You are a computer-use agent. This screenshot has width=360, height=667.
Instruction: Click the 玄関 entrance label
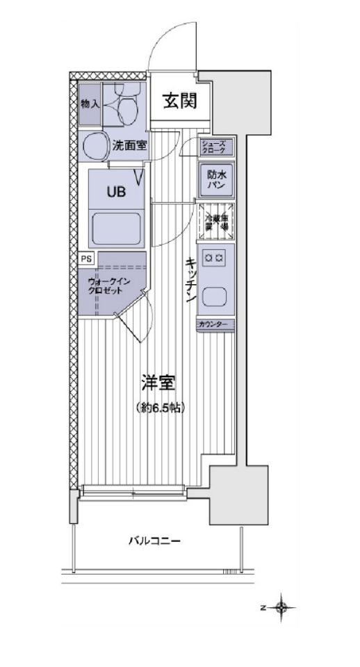(178, 101)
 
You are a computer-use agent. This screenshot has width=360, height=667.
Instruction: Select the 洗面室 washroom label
(129, 145)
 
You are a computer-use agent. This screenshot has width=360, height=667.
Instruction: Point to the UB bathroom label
(115, 192)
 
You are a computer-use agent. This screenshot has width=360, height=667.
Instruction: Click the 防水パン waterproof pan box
(216, 179)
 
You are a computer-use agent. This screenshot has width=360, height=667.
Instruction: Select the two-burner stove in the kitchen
(214, 258)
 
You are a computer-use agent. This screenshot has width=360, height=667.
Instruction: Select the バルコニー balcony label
(155, 540)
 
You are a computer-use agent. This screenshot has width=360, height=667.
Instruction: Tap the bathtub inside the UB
(115, 227)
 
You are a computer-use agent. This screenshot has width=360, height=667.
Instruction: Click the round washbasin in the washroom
(94, 146)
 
